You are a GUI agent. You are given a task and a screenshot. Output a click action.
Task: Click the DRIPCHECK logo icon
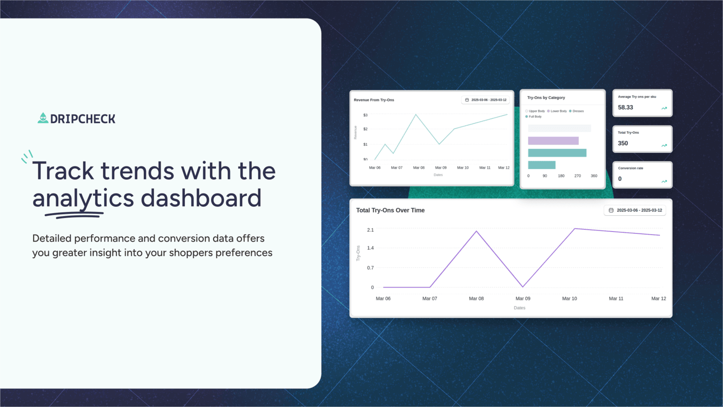coord(43,118)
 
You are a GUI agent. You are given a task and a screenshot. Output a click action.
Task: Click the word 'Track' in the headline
coord(63,171)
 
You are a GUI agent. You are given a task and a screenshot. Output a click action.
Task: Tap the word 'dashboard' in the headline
coord(201,198)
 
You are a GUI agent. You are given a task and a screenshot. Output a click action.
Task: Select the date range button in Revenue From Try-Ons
coord(485,100)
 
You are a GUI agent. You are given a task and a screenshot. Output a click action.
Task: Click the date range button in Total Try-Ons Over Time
coord(635,210)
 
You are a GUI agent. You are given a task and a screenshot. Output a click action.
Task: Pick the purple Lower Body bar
coord(553,141)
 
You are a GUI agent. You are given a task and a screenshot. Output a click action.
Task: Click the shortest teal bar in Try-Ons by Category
coord(541,165)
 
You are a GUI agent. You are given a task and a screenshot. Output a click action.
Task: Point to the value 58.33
coord(625,108)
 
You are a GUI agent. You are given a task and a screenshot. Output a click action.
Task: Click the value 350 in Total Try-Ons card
coord(623,143)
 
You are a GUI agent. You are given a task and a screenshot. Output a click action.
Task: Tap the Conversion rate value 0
coord(620,179)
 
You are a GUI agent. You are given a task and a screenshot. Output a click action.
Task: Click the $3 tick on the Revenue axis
coord(365,115)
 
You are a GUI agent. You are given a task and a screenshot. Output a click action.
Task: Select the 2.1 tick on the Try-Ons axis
coord(371,230)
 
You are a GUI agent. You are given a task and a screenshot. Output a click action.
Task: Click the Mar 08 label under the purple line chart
coord(476,298)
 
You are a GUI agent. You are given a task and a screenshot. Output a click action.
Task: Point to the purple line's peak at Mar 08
coord(476,232)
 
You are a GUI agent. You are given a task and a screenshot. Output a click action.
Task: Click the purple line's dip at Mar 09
coord(523,287)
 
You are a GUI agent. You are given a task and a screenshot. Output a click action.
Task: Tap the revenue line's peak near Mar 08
coord(416,115)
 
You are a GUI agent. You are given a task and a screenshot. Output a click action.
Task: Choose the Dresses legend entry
coord(577,111)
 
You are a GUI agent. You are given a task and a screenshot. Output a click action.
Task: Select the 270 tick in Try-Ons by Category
coord(577,176)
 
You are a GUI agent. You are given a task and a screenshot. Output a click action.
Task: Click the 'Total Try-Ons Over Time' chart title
coord(390,210)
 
